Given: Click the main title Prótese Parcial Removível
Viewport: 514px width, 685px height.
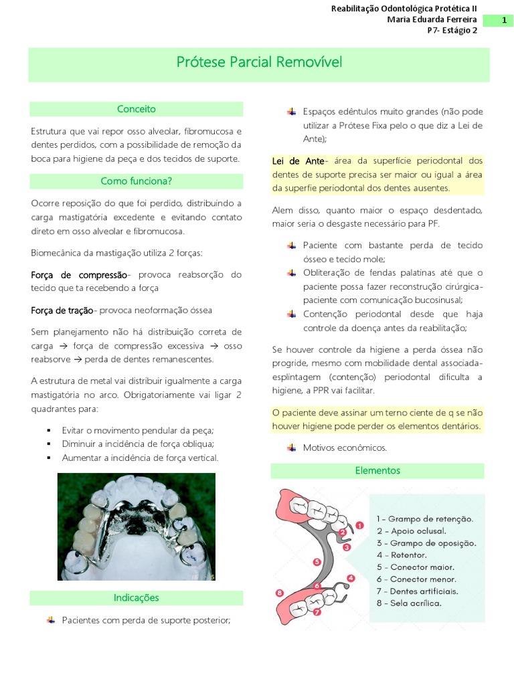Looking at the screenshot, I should tap(259, 62).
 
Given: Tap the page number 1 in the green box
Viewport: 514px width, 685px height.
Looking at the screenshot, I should tap(503, 21).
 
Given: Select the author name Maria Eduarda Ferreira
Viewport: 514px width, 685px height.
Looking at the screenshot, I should tap(432, 19).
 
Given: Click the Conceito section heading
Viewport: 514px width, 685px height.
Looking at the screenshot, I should tap(136, 108).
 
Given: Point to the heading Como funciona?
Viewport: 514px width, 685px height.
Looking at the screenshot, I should tap(136, 181).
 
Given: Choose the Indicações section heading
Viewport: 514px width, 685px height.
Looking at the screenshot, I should tap(136, 597).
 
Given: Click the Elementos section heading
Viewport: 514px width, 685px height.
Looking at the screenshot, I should tap(377, 470).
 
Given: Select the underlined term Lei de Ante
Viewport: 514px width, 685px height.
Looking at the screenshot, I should tap(297, 161).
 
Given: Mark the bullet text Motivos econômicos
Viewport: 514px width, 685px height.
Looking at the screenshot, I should tap(345, 448).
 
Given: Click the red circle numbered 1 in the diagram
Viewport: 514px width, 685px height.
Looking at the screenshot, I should tap(359, 526).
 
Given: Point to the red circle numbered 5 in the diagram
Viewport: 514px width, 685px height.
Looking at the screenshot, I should tap(317, 562).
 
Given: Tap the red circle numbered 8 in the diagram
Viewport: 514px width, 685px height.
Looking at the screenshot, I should tap(279, 592).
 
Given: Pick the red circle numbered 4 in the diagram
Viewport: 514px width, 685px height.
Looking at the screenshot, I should tap(351, 578).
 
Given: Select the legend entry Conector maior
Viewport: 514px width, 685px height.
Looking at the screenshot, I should tap(420, 567).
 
